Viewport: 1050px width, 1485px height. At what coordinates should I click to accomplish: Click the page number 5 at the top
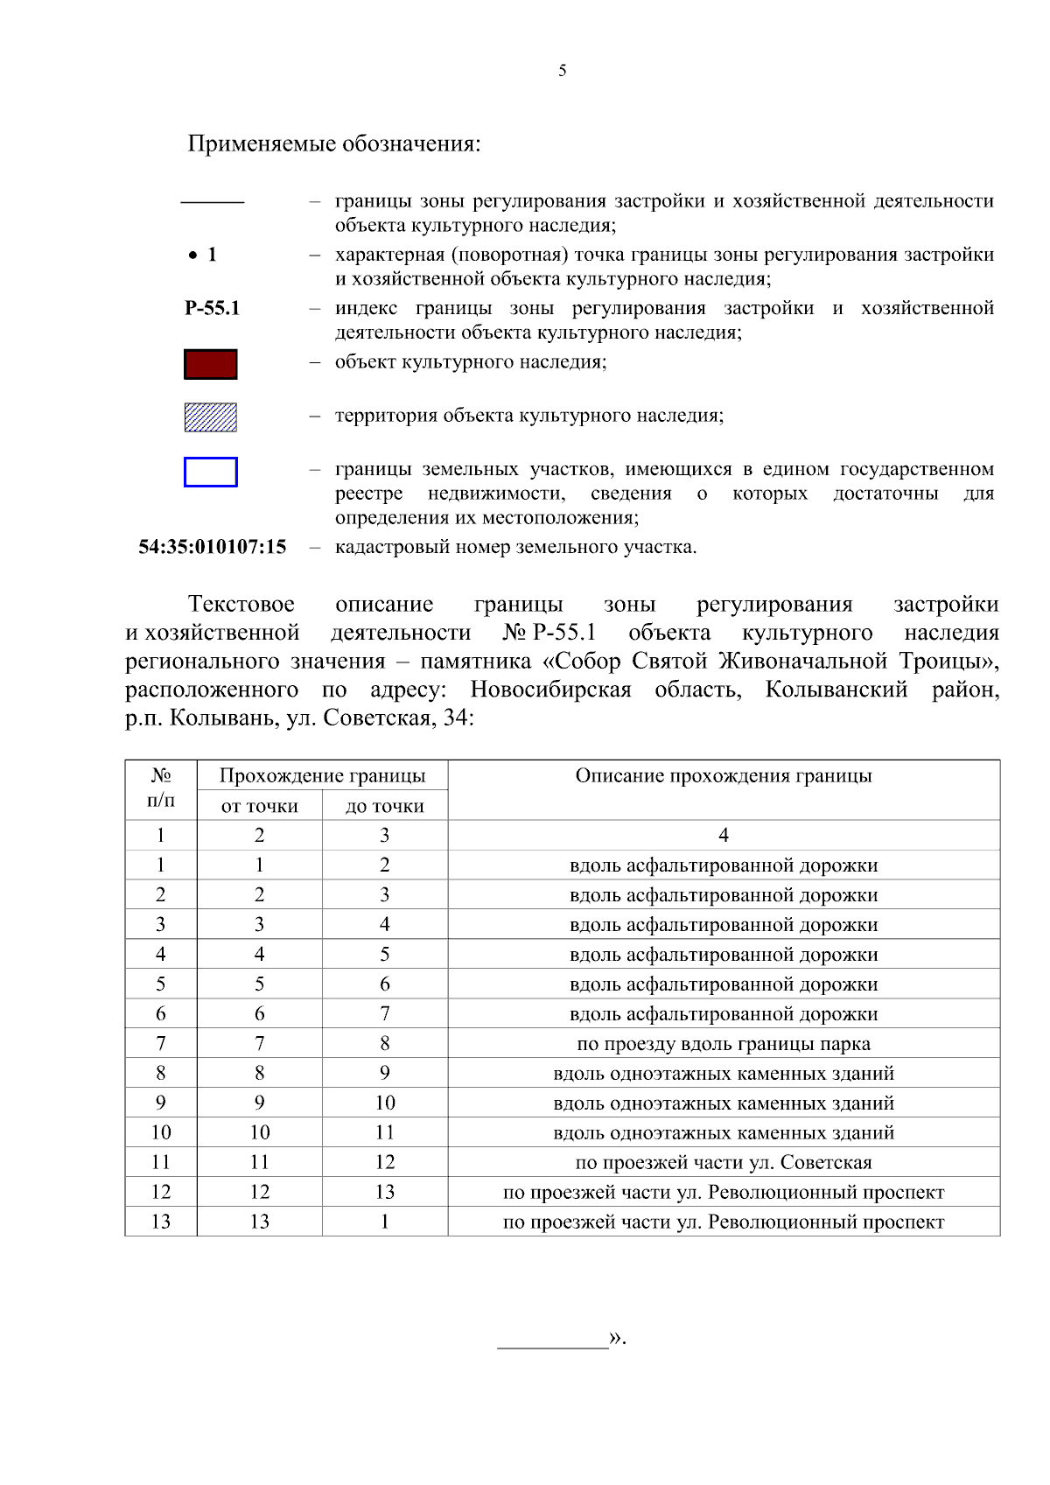click(562, 71)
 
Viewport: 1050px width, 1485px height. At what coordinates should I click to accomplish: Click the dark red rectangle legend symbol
click(210, 364)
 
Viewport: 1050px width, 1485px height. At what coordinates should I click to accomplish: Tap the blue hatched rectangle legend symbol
click(210, 417)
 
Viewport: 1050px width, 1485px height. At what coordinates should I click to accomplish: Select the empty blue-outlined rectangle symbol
click(210, 472)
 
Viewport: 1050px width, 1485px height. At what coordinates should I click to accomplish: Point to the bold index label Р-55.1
click(212, 308)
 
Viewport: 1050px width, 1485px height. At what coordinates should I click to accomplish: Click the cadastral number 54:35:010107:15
click(213, 547)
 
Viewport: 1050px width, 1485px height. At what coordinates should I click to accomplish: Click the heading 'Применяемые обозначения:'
click(334, 144)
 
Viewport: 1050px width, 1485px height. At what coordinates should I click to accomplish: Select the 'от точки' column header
click(259, 806)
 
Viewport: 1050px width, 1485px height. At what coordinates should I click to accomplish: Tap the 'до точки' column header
click(384, 806)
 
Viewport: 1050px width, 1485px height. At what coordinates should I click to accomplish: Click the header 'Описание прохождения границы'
click(723, 776)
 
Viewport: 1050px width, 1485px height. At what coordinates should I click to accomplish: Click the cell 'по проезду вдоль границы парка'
click(723, 1044)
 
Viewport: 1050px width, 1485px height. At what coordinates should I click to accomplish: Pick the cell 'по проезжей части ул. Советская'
click(723, 1163)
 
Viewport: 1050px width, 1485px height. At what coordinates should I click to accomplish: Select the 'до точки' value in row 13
click(384, 1222)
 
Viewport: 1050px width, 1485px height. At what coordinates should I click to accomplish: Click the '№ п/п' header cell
click(161, 788)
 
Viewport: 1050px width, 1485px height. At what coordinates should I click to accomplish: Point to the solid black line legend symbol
click(212, 202)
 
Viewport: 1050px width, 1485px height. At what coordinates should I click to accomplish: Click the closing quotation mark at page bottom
click(617, 1338)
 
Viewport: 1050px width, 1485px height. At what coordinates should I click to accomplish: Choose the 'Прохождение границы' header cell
click(322, 776)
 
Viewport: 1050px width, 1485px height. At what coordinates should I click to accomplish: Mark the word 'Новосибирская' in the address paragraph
click(550, 690)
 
